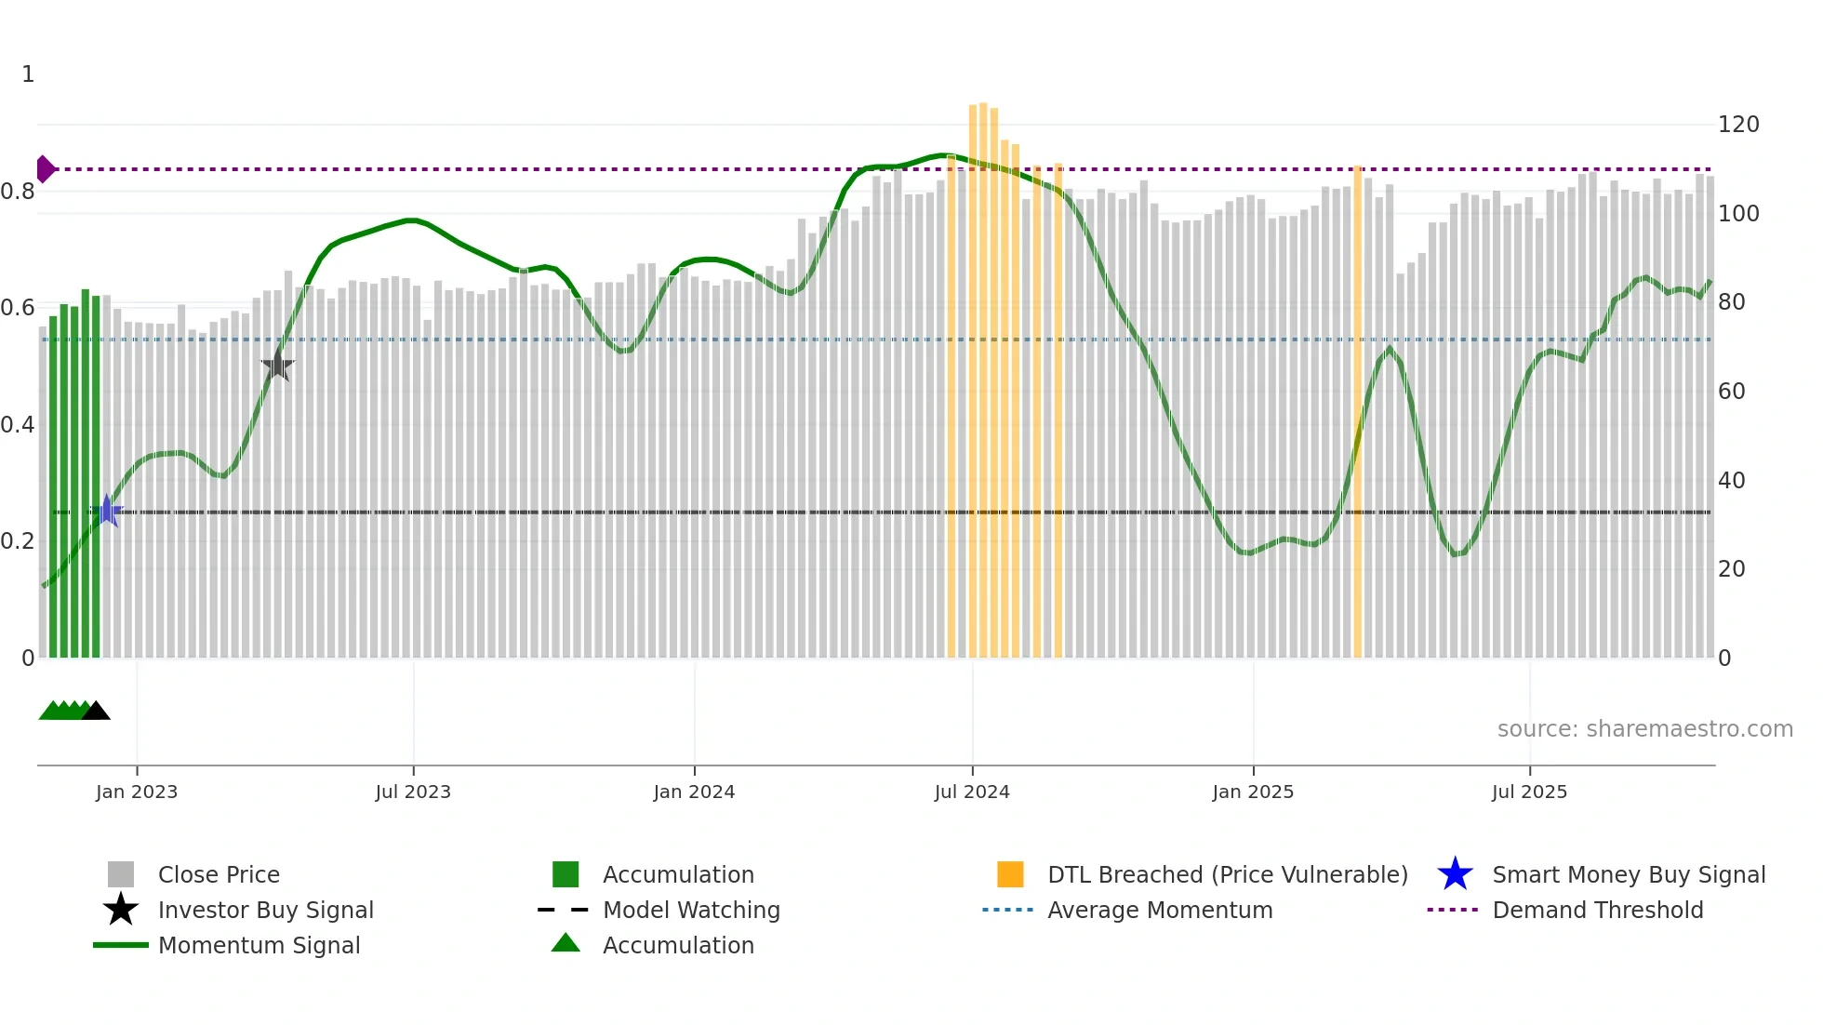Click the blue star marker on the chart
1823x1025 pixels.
click(x=108, y=512)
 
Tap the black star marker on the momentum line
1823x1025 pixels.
click(x=277, y=366)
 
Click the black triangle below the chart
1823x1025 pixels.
click(x=96, y=712)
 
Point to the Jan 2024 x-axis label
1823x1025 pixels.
click(x=694, y=792)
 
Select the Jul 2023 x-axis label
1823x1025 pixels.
click(x=413, y=792)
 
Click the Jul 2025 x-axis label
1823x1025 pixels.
click(x=1529, y=792)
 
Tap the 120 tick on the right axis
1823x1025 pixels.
click(x=1737, y=125)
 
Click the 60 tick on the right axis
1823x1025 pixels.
click(x=1731, y=392)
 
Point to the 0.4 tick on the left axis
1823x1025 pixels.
click(x=18, y=425)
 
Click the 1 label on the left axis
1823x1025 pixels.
click(x=28, y=74)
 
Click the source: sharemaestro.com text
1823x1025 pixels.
click(x=1644, y=729)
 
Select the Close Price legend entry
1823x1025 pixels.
click(x=219, y=874)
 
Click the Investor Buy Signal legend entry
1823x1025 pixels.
click(x=265, y=910)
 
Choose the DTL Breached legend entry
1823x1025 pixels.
click(x=1227, y=874)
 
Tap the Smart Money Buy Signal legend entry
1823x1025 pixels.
click(x=1628, y=874)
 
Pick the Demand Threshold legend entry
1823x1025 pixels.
click(x=1597, y=910)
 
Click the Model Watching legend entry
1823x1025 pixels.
click(x=690, y=910)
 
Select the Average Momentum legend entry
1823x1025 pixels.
click(x=1159, y=910)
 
